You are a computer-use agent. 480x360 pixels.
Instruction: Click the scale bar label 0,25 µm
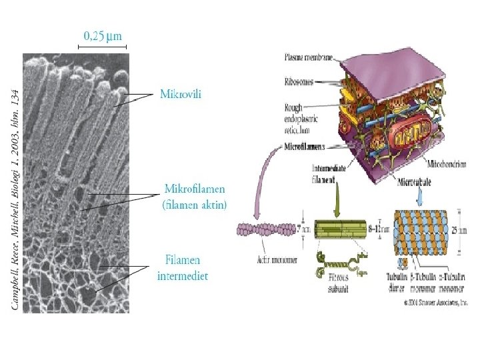pos(103,35)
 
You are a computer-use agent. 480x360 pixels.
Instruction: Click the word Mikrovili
pos(181,94)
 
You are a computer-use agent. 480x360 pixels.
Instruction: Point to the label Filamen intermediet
pos(182,267)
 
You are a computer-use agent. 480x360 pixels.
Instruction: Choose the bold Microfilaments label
pos(304,145)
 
